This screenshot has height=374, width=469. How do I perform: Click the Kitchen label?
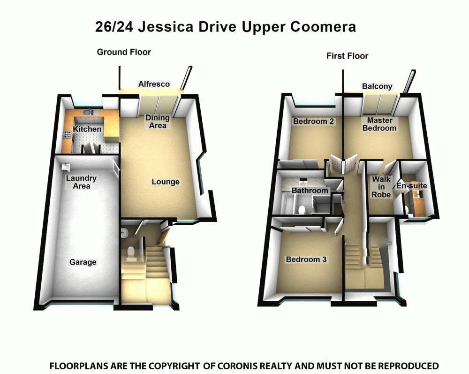(x=87, y=129)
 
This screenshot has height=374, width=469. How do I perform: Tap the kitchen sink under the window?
(x=87, y=113)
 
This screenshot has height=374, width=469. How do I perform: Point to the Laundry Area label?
(x=81, y=182)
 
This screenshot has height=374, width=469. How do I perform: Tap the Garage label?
(x=83, y=262)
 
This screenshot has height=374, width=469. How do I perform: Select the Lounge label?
(x=166, y=182)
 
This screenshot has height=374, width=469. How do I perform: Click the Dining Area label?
(x=157, y=122)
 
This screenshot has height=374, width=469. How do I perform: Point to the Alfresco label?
(x=154, y=84)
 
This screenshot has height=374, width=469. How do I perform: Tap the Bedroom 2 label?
(x=313, y=122)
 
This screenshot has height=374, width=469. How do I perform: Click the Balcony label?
(x=377, y=86)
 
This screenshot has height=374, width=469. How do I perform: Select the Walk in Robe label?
(x=381, y=187)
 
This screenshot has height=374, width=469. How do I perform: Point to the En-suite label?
(x=411, y=186)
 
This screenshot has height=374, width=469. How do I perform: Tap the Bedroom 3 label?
(x=306, y=259)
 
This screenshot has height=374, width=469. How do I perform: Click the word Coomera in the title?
(x=323, y=27)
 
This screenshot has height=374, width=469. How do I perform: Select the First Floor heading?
(x=347, y=56)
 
